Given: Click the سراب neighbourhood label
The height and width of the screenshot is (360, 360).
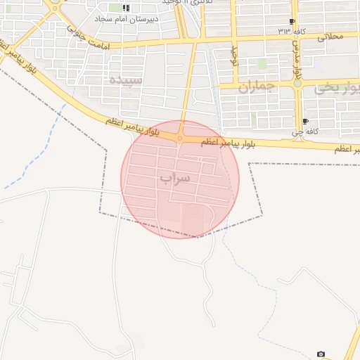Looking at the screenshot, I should click(175, 178).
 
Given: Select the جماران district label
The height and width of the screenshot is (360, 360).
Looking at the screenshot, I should click(255, 88).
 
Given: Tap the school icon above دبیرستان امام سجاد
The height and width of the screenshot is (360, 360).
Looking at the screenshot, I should click(126, 8).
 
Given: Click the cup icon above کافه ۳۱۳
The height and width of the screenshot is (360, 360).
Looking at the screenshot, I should click(292, 22).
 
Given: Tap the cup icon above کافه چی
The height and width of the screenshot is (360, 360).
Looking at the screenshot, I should click(305, 121).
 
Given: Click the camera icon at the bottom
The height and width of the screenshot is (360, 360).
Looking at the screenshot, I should click(321, 354).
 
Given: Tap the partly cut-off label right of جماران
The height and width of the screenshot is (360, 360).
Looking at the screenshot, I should click(337, 88).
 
